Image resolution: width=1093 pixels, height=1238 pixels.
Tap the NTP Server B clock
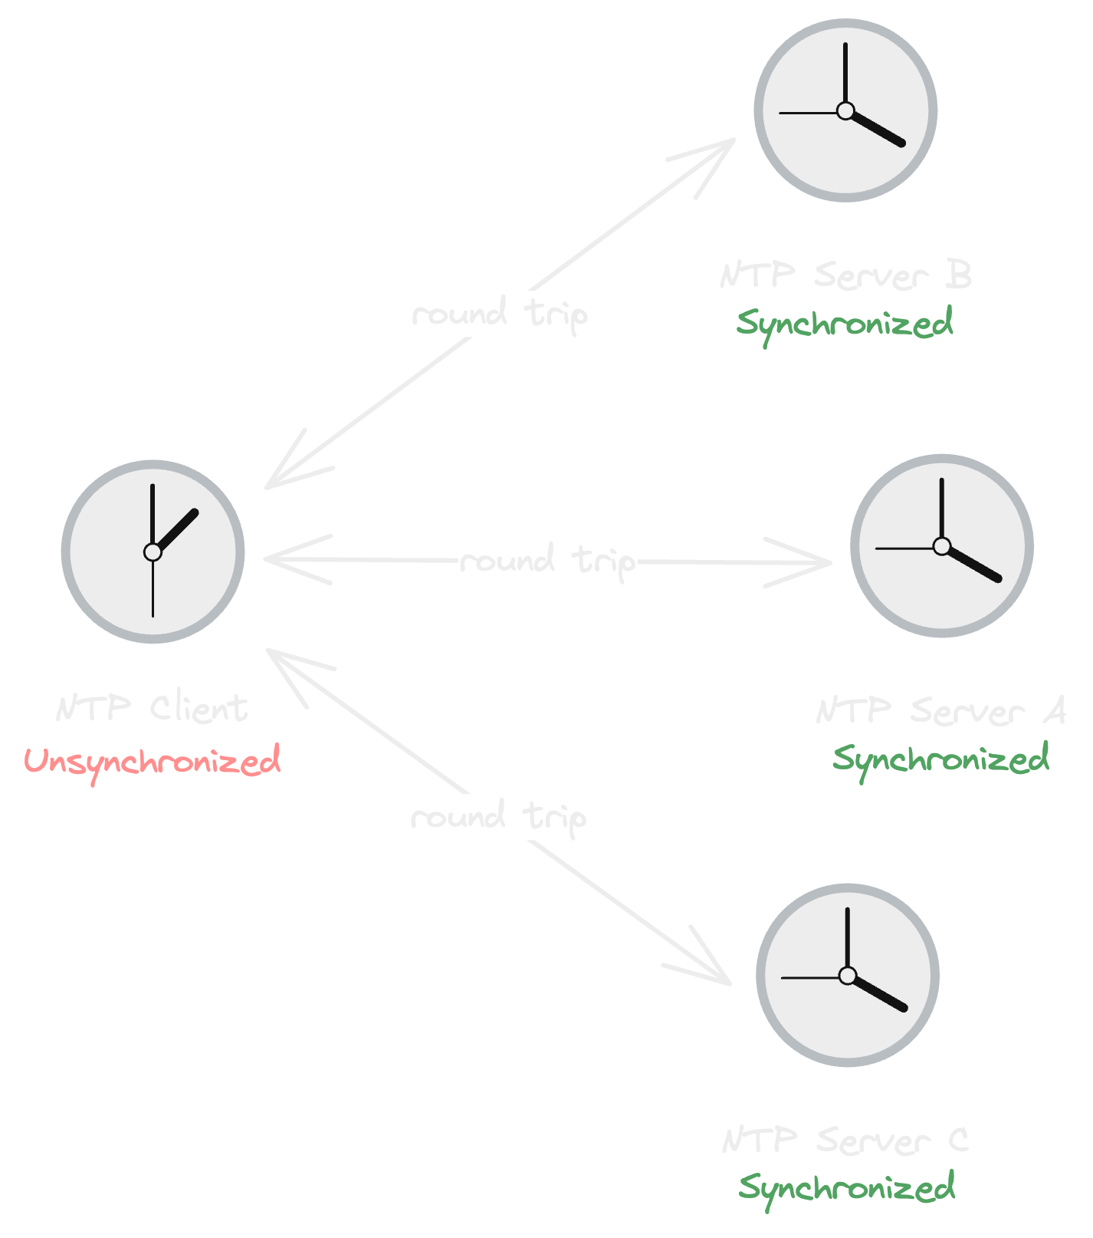click(845, 110)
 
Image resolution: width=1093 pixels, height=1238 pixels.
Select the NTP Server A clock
click(941, 545)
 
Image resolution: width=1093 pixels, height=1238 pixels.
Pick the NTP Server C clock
click(847, 975)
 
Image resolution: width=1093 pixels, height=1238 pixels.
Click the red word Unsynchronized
click(153, 761)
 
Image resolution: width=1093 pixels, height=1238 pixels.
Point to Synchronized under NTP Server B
click(845, 323)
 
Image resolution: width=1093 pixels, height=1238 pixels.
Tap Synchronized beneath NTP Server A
click(940, 759)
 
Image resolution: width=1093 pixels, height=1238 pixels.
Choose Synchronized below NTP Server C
click(847, 1188)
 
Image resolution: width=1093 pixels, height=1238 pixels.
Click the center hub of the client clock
click(153, 552)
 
